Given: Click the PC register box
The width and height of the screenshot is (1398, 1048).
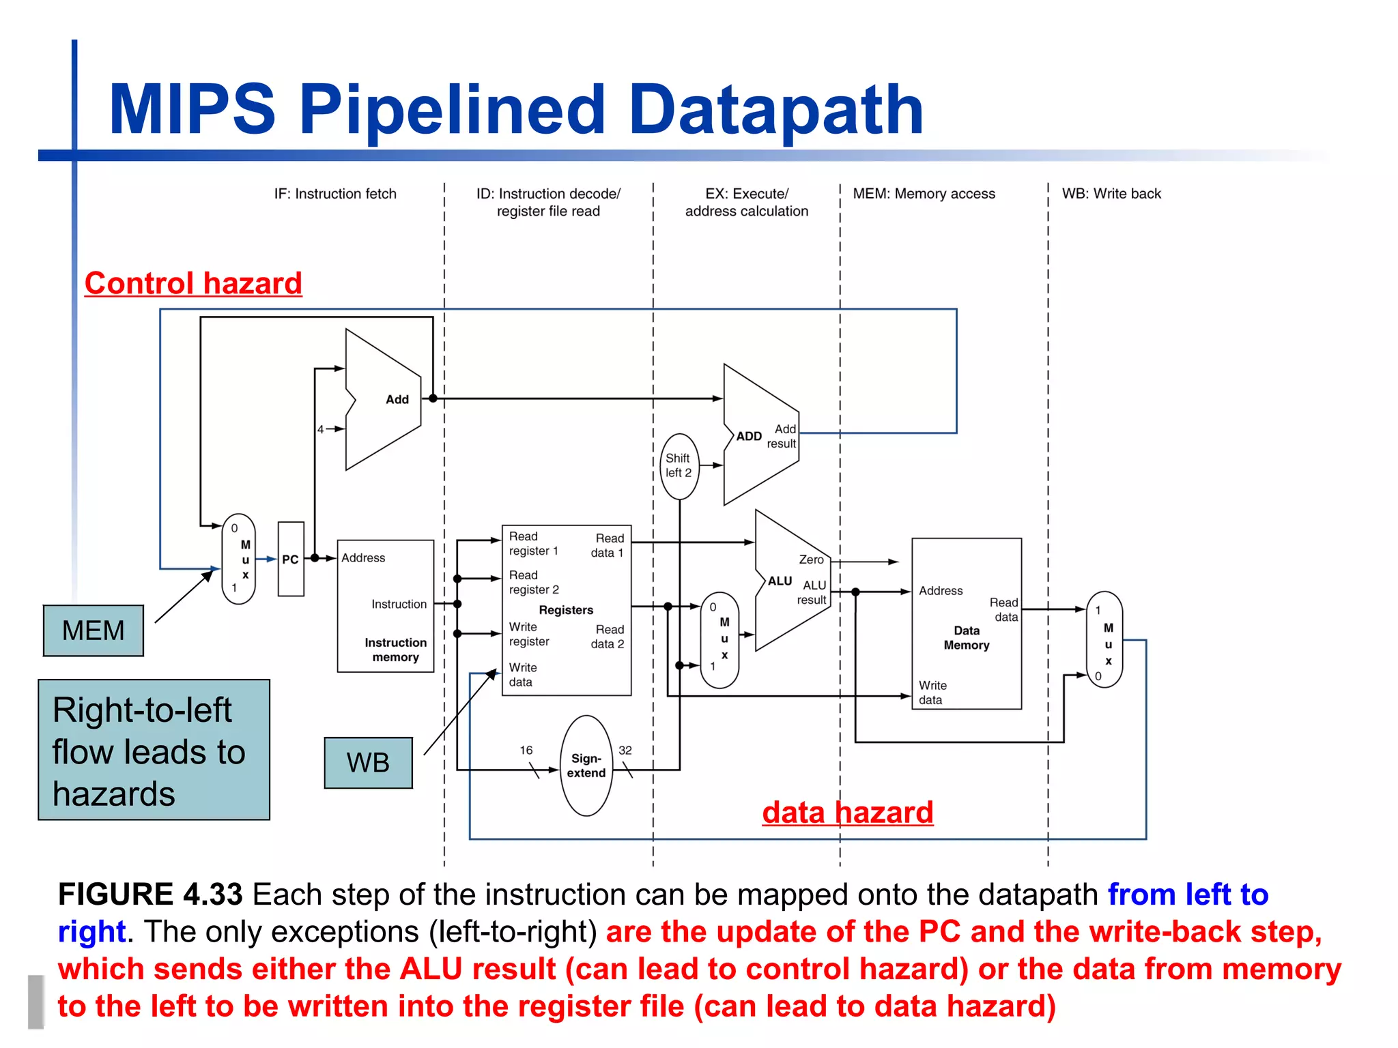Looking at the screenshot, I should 291,559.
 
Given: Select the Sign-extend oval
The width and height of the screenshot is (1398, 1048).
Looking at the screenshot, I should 586,766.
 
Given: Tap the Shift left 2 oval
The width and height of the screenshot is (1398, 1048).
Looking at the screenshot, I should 679,466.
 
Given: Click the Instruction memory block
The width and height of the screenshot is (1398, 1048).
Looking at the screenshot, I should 386,606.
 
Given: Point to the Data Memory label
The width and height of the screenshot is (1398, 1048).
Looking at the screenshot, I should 966,638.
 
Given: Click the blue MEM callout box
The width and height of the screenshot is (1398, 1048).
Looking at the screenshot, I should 94,630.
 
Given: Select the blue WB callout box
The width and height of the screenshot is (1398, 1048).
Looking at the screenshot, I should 368,762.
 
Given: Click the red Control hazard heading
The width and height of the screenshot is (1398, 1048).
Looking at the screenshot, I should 193,283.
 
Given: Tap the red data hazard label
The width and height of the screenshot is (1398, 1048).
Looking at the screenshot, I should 847,812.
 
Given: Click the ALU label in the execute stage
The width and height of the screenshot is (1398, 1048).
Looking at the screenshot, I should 780,581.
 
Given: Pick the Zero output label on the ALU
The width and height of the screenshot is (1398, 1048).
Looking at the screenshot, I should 811,559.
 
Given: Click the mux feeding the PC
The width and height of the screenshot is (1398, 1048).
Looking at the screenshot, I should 239,559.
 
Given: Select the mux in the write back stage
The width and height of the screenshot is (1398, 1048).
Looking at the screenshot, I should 1104,639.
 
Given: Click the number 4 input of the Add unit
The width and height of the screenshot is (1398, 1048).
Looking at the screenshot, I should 320,429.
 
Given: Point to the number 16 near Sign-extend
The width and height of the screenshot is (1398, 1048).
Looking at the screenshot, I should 526,750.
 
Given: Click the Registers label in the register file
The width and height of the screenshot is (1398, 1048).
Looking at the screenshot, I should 566,610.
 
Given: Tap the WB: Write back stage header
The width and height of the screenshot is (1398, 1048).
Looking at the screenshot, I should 1111,194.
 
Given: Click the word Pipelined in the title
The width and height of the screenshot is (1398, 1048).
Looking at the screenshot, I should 452,109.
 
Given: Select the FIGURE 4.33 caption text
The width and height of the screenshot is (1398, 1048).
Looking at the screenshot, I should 150,894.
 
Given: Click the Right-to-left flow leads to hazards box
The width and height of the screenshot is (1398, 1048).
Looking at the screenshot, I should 154,750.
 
